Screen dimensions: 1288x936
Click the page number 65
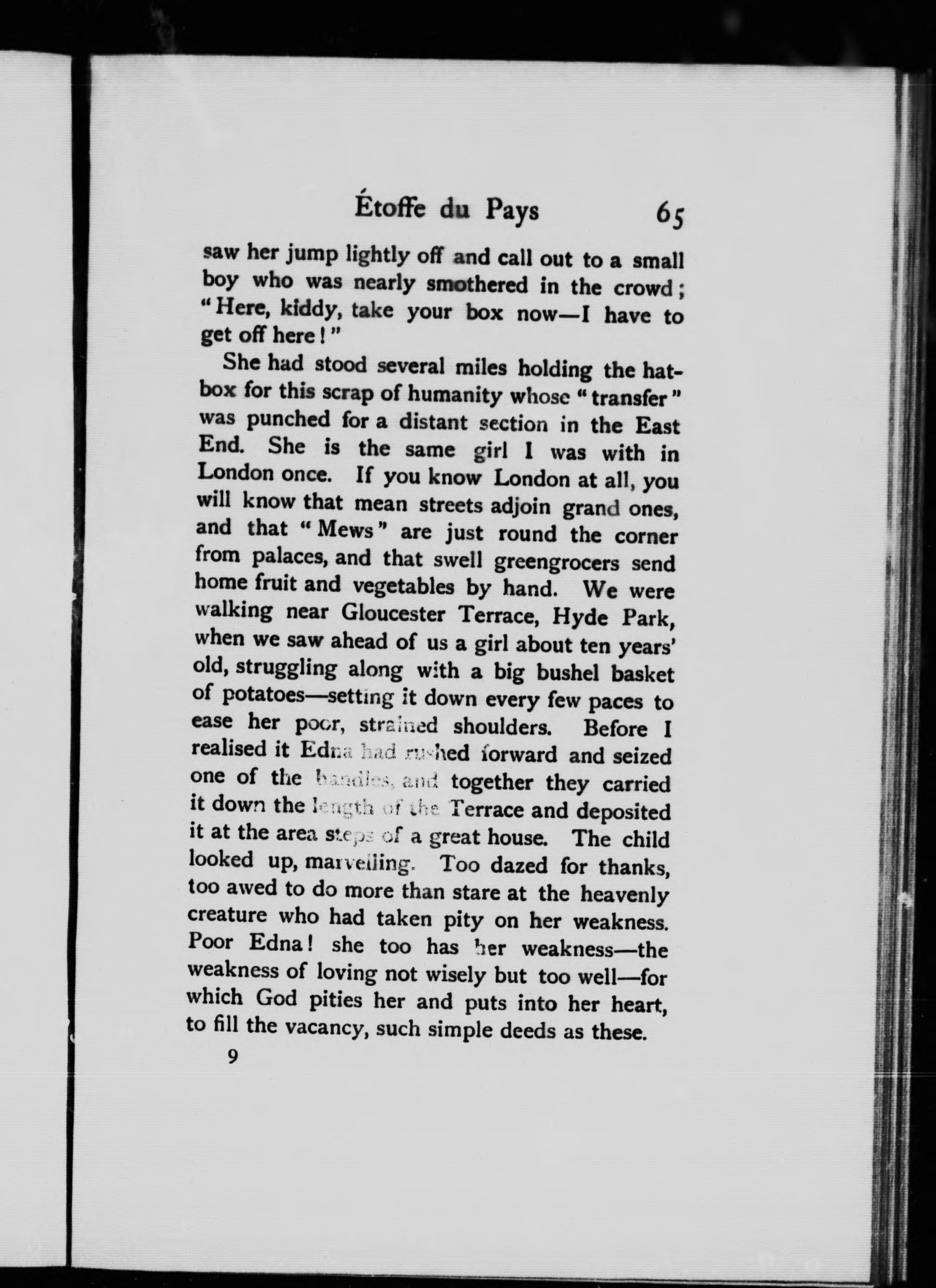(670, 214)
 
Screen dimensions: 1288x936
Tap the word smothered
(478, 285)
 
